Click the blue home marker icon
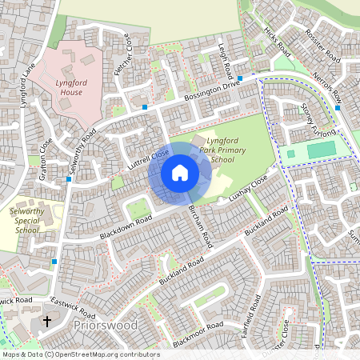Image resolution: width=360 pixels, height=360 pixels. [180, 172]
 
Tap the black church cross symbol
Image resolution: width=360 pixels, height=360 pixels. [46, 322]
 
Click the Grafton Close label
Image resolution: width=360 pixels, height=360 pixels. [46, 155]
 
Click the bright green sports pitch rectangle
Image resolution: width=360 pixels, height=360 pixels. [321, 150]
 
